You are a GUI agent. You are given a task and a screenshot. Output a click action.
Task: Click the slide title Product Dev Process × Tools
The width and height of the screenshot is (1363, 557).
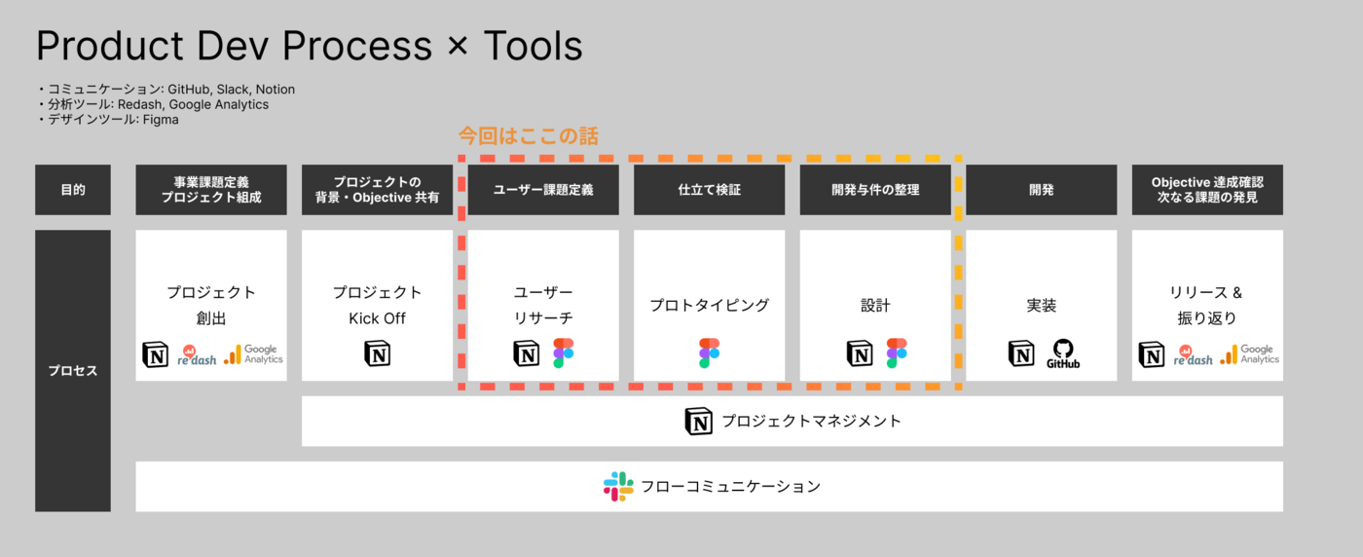point(309,47)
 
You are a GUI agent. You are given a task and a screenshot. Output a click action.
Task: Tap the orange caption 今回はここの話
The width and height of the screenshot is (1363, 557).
point(528,135)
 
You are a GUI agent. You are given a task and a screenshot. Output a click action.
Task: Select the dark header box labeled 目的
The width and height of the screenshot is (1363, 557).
point(73,190)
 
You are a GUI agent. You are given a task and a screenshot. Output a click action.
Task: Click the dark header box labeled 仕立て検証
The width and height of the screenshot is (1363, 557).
point(710,190)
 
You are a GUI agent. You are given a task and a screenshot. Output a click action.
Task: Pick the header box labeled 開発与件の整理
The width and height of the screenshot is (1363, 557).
point(875,190)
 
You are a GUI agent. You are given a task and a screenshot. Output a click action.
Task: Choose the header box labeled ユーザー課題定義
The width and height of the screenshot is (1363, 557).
point(543,190)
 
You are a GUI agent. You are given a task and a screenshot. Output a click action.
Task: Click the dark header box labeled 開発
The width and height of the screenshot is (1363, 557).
point(1041,190)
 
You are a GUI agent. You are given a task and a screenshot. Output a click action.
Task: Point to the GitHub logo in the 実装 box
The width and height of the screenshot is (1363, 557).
point(1062,353)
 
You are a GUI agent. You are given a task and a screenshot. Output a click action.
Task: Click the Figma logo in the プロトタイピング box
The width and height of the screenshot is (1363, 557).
point(710,353)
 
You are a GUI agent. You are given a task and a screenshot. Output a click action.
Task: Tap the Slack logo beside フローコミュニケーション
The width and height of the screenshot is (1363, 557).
point(618,486)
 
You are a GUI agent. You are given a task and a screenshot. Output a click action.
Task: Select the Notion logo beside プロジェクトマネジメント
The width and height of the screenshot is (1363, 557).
point(699,422)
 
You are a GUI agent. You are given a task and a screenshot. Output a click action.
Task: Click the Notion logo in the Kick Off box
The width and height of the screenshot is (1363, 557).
point(377,353)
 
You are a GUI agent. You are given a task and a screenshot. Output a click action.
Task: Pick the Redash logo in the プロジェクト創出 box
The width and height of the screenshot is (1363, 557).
point(198,354)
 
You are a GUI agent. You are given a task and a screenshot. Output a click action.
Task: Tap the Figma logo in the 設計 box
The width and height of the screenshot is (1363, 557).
point(897,353)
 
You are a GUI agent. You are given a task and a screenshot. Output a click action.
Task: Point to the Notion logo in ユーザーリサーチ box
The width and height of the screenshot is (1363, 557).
point(526,353)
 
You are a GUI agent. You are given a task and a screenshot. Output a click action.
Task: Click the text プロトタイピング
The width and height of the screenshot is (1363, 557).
point(710,306)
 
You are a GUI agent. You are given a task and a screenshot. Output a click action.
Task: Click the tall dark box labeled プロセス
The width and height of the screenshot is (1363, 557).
point(73,371)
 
